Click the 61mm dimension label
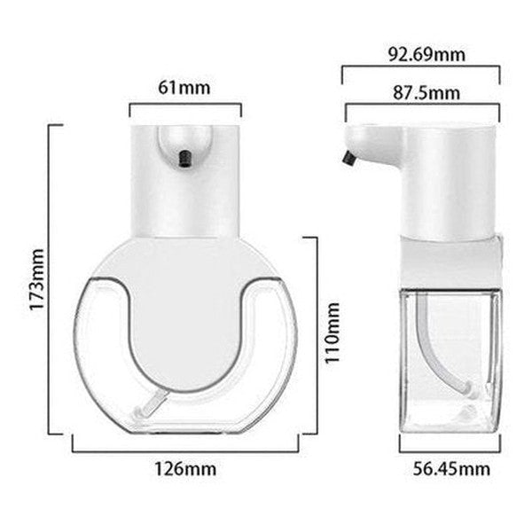pos(185,88)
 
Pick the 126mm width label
pos(185,467)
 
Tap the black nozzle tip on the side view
pos(347,160)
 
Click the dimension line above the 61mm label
pos(185,105)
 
